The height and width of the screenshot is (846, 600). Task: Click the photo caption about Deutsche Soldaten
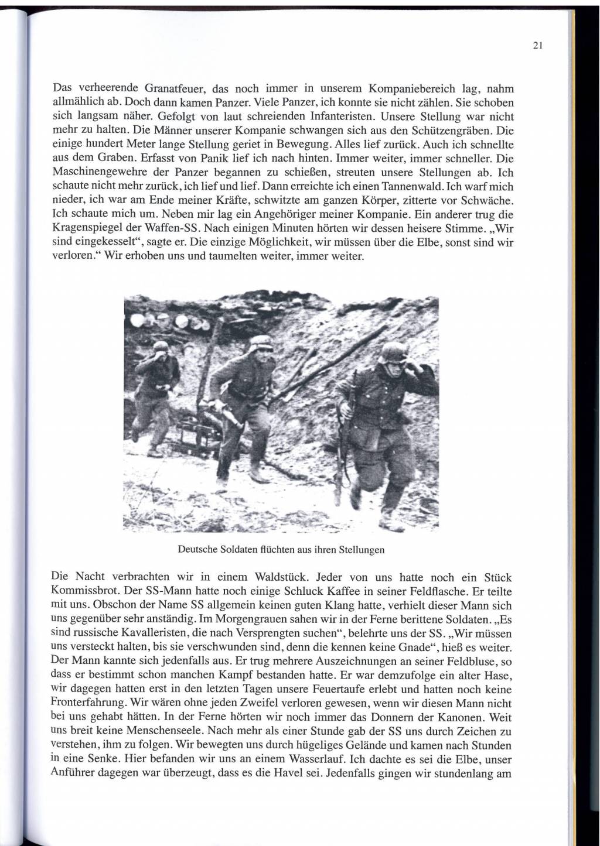[x=281, y=550]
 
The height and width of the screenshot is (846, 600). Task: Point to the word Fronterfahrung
[x=92, y=704]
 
